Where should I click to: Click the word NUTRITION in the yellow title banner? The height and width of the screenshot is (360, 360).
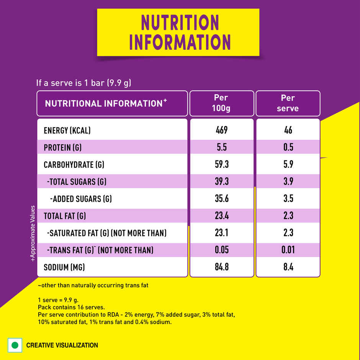pos(179,23)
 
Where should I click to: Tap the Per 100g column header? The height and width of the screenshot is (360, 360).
pos(221,103)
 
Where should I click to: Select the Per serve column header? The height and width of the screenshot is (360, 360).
pos(288,103)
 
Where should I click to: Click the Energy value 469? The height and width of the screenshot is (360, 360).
pos(221,130)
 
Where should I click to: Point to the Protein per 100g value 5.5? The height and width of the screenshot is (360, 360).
pos(221,147)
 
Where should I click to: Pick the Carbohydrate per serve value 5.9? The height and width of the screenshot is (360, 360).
pos(288,165)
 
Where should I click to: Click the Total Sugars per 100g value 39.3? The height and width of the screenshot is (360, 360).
pos(221,182)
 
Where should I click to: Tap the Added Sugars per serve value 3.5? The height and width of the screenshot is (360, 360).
pos(288,199)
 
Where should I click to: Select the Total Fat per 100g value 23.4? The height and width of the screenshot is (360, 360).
pos(221,216)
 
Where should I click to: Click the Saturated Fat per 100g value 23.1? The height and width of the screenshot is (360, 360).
pos(221,233)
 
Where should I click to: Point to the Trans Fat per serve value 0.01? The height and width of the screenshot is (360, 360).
pos(288,250)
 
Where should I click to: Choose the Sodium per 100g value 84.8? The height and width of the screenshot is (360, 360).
pos(221,267)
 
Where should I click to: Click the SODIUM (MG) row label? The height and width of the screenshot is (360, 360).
pos(64,267)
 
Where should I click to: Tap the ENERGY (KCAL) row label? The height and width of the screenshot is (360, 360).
pos(67,130)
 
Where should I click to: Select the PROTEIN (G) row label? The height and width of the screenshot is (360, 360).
pos(63,147)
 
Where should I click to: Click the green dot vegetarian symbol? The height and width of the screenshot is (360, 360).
pos(15,345)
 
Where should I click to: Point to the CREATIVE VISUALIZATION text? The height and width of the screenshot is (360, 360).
pos(62,345)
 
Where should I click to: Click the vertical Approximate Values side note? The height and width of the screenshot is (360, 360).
pos(33,234)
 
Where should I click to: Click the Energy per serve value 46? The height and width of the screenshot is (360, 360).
pos(288,130)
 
